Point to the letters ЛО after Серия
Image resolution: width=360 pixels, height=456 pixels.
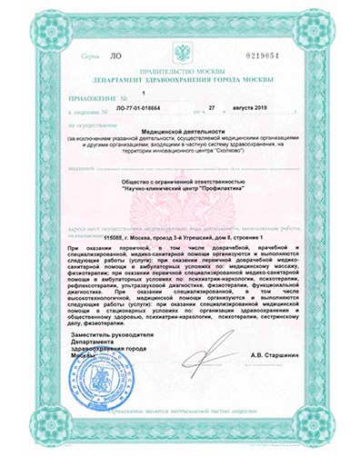[115, 56]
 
